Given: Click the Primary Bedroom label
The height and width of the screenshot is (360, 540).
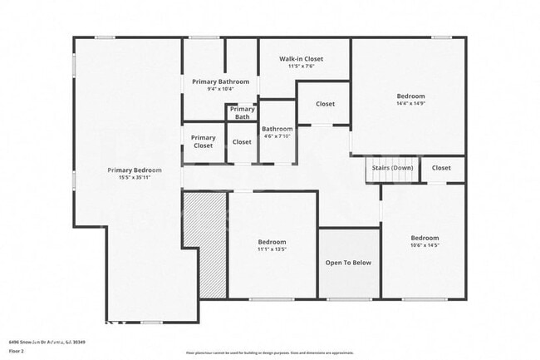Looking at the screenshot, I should [x=135, y=170].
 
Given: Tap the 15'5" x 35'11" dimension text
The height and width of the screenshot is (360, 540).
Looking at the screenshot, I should [x=135, y=177].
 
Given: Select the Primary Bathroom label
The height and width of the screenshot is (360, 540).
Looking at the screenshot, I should [x=220, y=81].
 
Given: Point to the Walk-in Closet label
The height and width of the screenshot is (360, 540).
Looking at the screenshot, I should [x=301, y=59].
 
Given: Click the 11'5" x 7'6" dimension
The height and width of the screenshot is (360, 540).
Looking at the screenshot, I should [x=301, y=67].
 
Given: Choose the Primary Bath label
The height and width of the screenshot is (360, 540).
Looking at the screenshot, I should [x=243, y=113].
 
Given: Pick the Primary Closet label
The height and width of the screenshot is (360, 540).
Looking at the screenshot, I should [x=204, y=141].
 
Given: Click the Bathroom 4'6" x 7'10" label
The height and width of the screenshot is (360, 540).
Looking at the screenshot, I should [x=277, y=132].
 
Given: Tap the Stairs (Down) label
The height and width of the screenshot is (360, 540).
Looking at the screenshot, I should [x=392, y=168].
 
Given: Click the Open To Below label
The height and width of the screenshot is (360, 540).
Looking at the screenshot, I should [x=349, y=263].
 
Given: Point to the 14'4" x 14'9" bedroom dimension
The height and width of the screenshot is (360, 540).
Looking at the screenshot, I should [x=410, y=104].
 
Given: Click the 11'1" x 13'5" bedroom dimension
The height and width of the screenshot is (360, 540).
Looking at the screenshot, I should [x=272, y=249].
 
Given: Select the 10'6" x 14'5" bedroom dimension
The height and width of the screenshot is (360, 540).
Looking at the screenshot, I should [x=425, y=244].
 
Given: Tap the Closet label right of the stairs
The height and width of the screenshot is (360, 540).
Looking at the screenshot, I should [x=441, y=168].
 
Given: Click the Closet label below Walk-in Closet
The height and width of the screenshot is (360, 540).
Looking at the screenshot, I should [x=326, y=104].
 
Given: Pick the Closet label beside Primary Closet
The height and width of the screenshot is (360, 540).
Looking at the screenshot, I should [x=242, y=142].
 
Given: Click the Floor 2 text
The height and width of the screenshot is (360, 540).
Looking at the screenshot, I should [x=17, y=352].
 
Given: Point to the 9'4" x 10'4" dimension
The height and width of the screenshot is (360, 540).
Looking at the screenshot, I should [x=220, y=89].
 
